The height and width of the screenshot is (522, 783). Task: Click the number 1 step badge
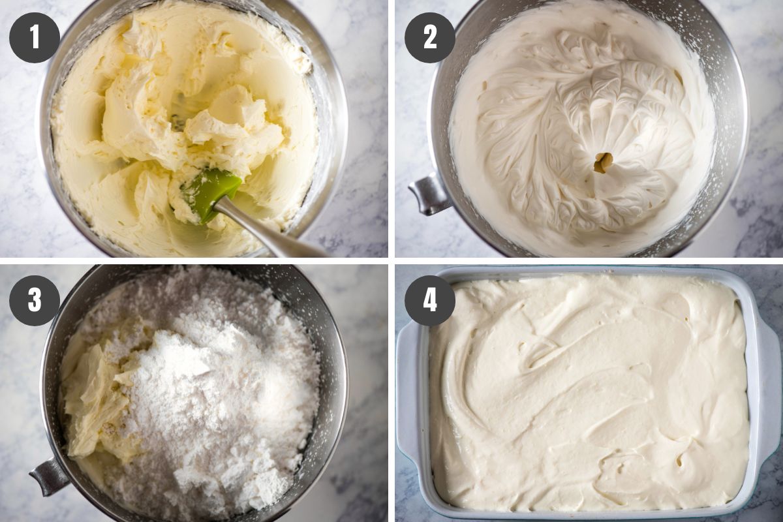35,38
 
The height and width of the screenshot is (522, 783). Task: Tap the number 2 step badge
430,38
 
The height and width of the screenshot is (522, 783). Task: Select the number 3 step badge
35,300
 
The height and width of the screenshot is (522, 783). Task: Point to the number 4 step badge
430,300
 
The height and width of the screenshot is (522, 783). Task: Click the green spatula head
209,194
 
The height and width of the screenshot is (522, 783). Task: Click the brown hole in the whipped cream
604,163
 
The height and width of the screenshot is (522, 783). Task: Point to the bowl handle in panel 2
428,194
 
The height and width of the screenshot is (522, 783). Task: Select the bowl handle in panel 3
49,476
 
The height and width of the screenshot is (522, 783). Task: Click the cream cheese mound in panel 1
189,115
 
